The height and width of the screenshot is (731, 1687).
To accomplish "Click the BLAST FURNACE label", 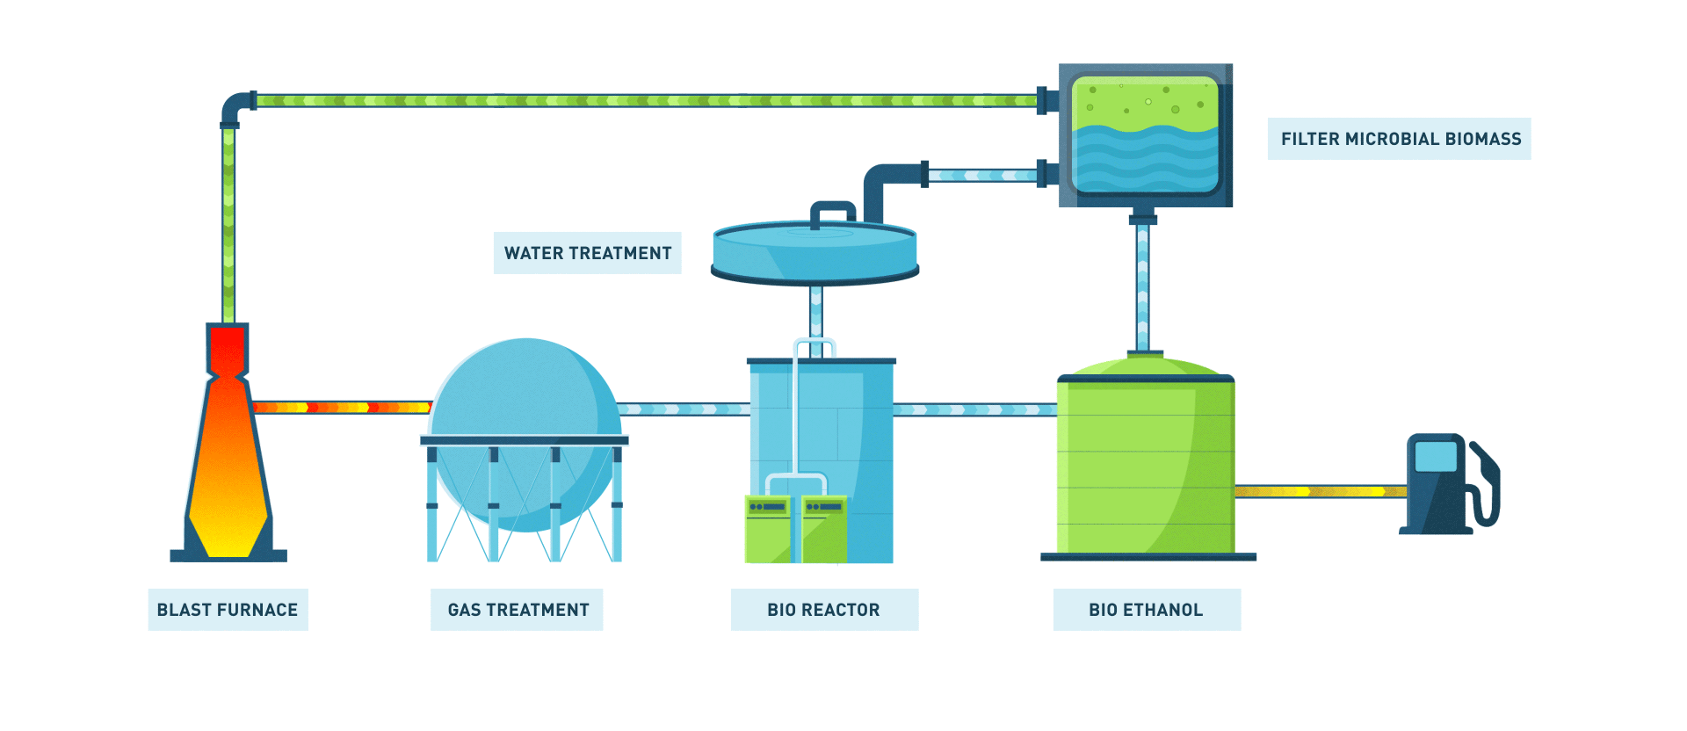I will (228, 610).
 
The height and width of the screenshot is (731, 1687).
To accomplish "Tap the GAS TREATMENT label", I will (518, 610).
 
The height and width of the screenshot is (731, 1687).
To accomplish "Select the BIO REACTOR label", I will (824, 610).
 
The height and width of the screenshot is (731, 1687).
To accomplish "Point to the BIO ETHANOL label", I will (1147, 610).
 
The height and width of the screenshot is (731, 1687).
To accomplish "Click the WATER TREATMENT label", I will (587, 253).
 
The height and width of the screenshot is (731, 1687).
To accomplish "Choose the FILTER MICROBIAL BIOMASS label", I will (1400, 139).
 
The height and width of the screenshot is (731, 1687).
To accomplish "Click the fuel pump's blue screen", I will (1436, 457).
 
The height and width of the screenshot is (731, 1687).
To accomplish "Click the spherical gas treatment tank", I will (525, 395).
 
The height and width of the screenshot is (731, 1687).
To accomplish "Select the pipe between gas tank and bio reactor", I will (684, 409).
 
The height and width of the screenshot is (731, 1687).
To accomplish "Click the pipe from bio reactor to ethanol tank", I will (974, 409).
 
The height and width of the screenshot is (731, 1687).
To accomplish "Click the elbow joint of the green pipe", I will (235, 108).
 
